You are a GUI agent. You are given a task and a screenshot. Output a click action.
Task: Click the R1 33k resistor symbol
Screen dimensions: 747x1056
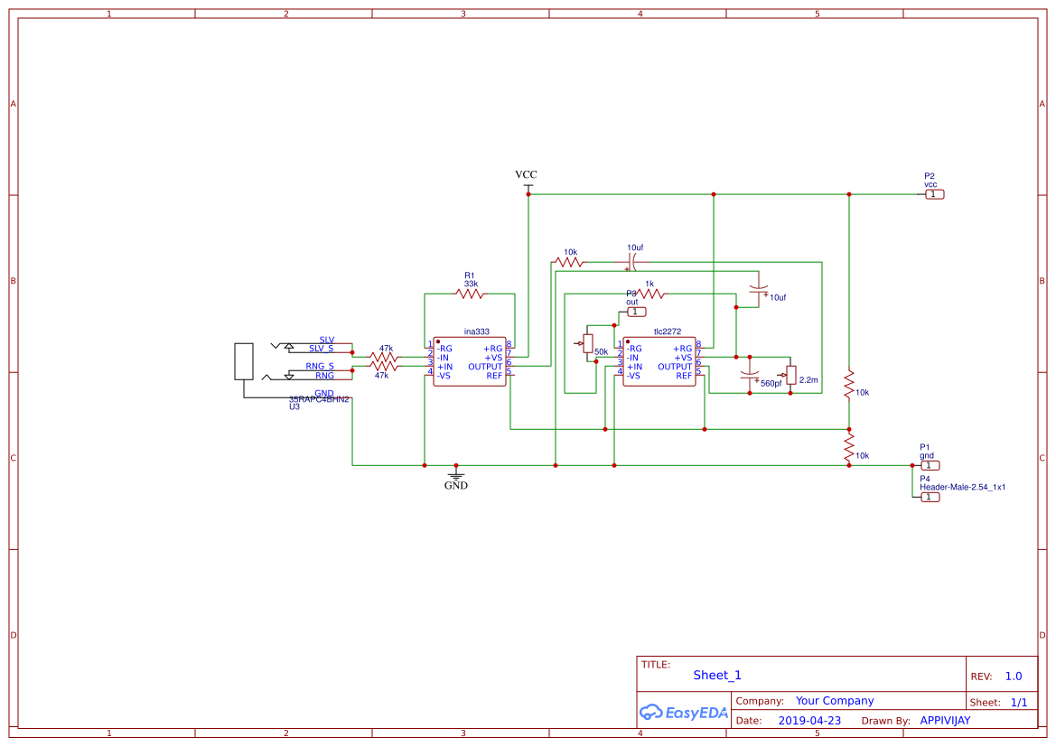469,294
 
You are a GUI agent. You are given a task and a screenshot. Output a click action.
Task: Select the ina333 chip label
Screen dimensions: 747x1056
476,331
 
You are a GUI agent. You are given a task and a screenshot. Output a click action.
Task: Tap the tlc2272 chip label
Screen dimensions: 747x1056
667,331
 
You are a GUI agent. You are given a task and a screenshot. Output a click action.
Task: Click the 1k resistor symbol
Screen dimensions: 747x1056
650,294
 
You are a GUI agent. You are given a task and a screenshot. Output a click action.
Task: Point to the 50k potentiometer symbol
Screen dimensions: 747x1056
588,344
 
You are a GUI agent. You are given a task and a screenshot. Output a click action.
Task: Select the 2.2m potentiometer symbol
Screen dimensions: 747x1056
791,374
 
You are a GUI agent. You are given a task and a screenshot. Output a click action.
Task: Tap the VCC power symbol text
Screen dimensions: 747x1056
526,174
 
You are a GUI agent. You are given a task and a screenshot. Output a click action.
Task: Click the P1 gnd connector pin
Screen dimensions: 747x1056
930,465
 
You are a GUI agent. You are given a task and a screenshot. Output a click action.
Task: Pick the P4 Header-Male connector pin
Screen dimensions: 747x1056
930,497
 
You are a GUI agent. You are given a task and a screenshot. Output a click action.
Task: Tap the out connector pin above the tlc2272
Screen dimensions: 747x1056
637,312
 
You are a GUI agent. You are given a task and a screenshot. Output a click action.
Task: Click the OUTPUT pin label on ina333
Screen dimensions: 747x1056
485,367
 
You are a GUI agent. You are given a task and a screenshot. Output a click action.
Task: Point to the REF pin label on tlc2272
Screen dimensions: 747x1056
684,376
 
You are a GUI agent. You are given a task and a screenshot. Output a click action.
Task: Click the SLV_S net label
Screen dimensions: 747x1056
321,348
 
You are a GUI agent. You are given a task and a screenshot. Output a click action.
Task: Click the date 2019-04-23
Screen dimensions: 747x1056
809,721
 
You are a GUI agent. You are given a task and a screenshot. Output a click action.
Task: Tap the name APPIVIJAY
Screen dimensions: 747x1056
945,721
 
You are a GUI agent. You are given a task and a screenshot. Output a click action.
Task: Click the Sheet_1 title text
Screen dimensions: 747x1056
717,675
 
